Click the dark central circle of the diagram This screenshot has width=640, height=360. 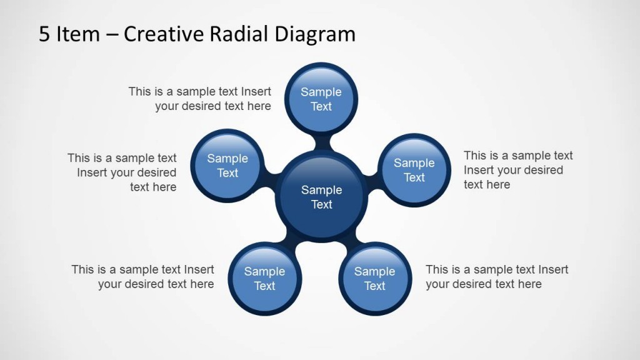pos(321,196)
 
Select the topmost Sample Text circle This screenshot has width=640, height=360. pos(321,99)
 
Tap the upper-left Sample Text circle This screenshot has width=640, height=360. pos(227,166)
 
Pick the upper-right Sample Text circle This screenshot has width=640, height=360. pos(414,170)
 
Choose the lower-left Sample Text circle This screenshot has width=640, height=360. pos(264,279)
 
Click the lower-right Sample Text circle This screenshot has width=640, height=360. pos(374,279)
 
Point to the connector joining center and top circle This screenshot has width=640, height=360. pos(322,142)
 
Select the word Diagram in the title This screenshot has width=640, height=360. pos(314,34)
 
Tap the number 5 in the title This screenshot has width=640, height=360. pos(44,34)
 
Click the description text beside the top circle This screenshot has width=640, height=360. pos(200,99)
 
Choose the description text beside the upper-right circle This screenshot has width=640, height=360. pos(517,170)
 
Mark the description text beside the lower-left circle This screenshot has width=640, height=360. pos(143,277)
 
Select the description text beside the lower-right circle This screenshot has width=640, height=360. pos(496,277)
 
